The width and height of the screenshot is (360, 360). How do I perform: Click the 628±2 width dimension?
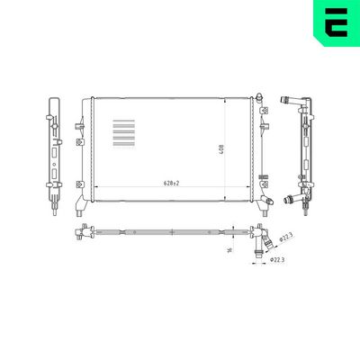(x=171, y=183)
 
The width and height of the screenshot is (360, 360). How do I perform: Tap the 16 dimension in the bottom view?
(x=229, y=249)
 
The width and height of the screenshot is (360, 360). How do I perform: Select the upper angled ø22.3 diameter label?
(x=286, y=238)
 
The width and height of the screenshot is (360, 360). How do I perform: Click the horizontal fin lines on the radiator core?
(x=123, y=135)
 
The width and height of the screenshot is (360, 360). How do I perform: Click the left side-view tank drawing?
(x=51, y=148)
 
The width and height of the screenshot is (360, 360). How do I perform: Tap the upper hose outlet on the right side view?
(x=290, y=97)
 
